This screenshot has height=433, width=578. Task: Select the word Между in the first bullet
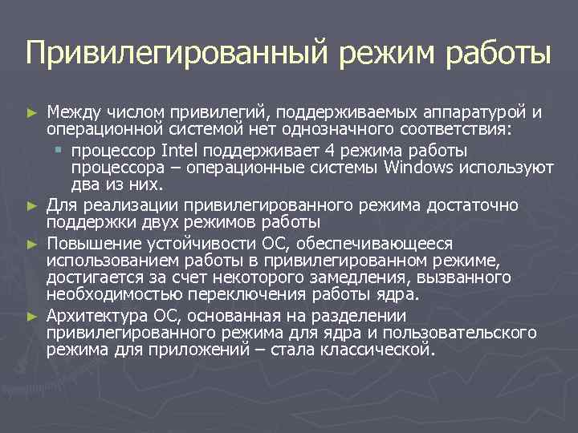pyautogui.click(x=70, y=111)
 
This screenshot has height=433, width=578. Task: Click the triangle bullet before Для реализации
pyautogui.click(x=31, y=206)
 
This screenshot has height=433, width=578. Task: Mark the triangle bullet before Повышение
pyautogui.click(x=31, y=243)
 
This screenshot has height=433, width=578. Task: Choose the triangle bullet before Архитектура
pyautogui.click(x=31, y=316)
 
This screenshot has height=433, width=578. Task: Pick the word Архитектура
pyautogui.click(x=96, y=315)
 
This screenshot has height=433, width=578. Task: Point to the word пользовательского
pyautogui.click(x=449, y=333)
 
